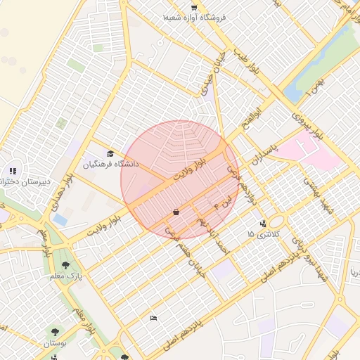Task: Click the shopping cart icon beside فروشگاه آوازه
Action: [194, 8]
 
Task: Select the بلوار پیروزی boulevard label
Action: [307, 126]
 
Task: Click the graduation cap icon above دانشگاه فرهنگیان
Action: [110, 154]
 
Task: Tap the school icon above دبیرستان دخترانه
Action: [12, 170]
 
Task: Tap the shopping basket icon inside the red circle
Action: [175, 212]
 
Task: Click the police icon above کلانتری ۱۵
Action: [263, 224]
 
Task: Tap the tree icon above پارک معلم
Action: [65, 265]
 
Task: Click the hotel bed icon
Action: [154, 318]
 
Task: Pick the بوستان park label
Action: [54, 344]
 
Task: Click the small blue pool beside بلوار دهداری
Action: [60, 220]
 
